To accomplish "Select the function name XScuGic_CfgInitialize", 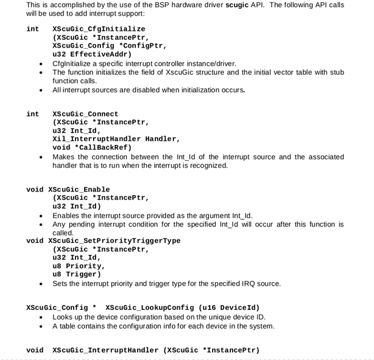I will (98, 28).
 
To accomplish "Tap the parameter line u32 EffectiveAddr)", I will (92, 54).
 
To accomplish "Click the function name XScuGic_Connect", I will (85, 114).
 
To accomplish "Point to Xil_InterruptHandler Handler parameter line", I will (116, 139).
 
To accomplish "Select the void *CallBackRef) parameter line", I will (92, 147).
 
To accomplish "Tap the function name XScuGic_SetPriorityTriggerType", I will (114, 240).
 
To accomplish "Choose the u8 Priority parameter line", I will (79, 266).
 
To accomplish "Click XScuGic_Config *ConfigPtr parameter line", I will (109, 45).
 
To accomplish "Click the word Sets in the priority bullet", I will (60, 283).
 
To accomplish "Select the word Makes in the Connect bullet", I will (63, 156).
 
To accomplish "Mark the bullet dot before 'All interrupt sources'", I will (40, 91).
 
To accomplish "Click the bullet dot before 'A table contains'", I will (40, 326).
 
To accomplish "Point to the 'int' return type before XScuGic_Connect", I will (33, 114).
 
